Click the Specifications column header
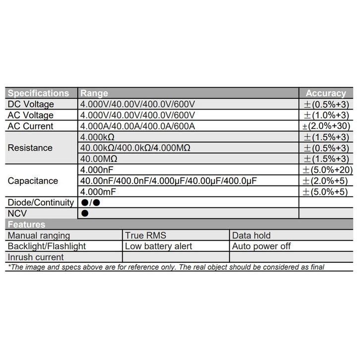tap(39, 93)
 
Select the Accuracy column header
tap(325, 93)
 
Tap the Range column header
tap(94, 93)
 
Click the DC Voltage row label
tap(31, 104)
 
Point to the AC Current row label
tap(31, 126)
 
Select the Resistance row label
tap(30, 148)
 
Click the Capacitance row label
tap(33, 180)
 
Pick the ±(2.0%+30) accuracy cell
tap(325, 126)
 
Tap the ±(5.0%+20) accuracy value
tap(325, 170)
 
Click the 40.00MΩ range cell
tap(100, 159)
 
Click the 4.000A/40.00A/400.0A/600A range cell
tap(138, 126)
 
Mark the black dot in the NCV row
tap(85, 213)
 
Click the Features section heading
tap(26, 225)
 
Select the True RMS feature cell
tap(145, 236)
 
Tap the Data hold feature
tap(251, 236)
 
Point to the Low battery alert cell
tap(158, 246)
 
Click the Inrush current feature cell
tap(36, 257)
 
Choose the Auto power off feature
tap(261, 246)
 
